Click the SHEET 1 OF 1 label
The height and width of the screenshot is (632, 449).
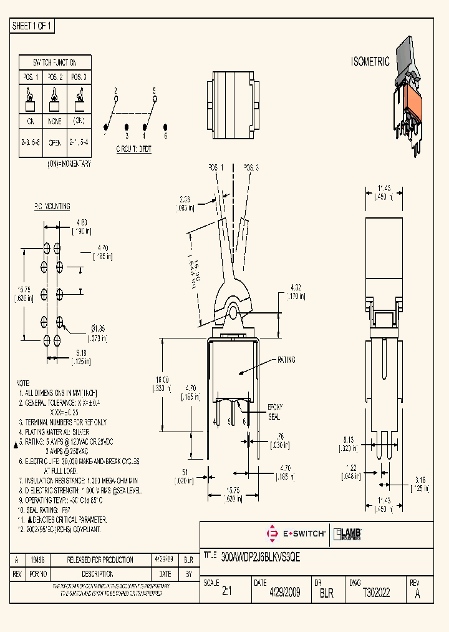(x=33, y=26)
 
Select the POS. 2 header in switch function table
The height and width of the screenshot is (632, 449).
(x=54, y=77)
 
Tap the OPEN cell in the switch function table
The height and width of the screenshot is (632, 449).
(x=54, y=142)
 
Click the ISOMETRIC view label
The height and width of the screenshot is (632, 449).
(x=370, y=62)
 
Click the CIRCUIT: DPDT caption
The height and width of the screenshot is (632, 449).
(x=133, y=149)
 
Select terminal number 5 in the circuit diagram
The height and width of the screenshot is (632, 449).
(x=154, y=91)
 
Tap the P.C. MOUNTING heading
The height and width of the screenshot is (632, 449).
(x=52, y=207)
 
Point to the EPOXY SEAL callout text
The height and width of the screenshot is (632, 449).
(x=274, y=411)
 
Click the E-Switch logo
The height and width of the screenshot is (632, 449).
(x=295, y=534)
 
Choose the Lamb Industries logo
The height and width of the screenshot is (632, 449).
(x=348, y=534)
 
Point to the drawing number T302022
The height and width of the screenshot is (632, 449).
(x=376, y=593)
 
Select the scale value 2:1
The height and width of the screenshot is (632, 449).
(x=226, y=593)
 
